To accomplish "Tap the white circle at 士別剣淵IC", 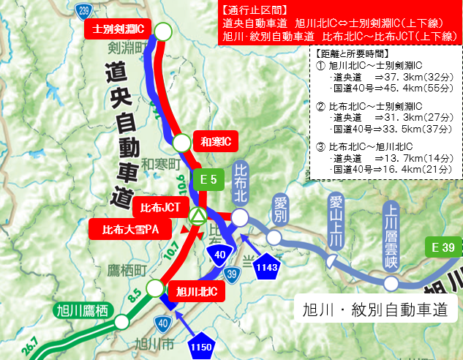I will click(x=163, y=31).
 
